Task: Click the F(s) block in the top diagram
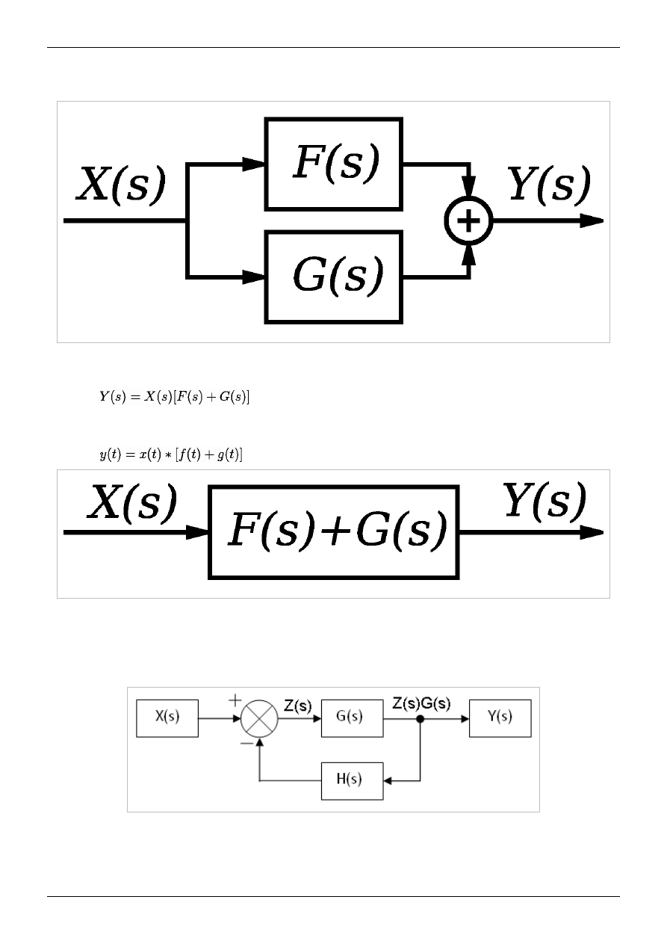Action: [x=334, y=164]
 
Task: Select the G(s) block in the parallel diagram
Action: [x=334, y=277]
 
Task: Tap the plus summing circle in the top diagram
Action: [x=469, y=221]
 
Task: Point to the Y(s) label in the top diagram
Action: [x=549, y=185]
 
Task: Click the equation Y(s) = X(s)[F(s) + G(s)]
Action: [x=175, y=397]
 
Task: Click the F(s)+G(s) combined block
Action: [x=334, y=532]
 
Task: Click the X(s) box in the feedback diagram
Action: [x=167, y=718]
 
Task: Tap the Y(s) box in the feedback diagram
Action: [x=500, y=718]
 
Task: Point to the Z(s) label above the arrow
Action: [x=299, y=705]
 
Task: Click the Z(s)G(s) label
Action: [x=421, y=704]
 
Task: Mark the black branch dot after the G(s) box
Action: [x=421, y=719]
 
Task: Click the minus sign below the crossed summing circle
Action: [x=245, y=745]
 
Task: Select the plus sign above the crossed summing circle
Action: [x=235, y=700]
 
